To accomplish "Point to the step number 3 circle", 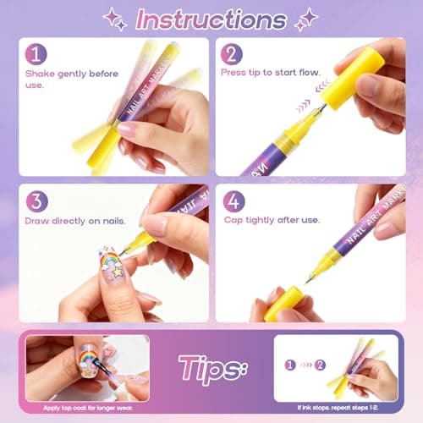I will [36, 201].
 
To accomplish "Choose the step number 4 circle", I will [234, 201].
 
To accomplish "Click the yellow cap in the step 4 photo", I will [283, 302].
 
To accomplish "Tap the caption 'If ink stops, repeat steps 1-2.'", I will [336, 408].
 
